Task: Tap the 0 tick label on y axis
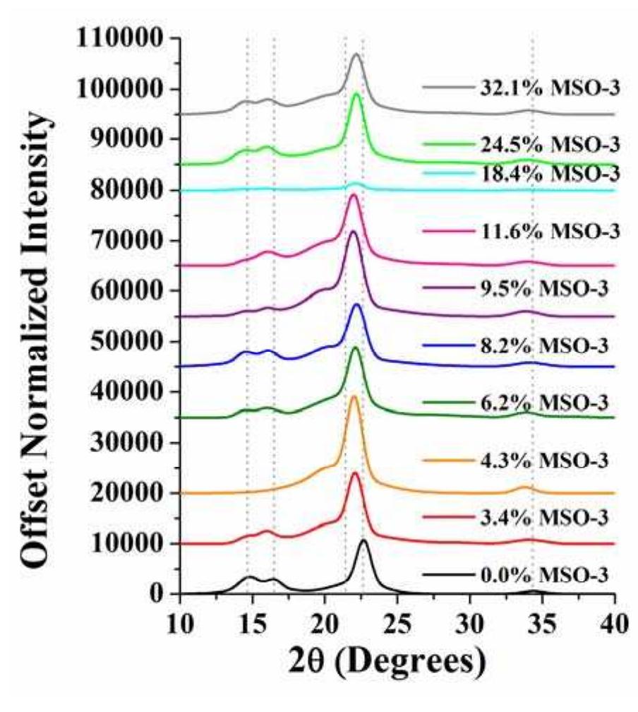pyautogui.click(x=158, y=594)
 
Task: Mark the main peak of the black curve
pyautogui.click(x=363, y=540)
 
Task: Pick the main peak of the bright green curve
pyautogui.click(x=356, y=94)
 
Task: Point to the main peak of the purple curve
pyautogui.click(x=354, y=232)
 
